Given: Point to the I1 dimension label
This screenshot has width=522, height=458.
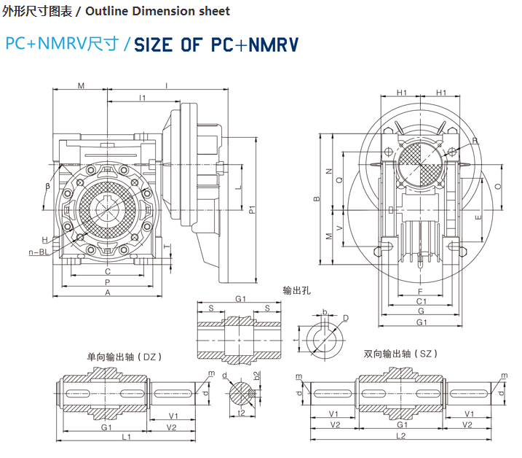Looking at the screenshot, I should click(x=143, y=97).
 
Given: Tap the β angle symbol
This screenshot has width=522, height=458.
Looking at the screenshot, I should click(x=47, y=187).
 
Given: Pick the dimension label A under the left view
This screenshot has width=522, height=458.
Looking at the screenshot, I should click(x=108, y=292).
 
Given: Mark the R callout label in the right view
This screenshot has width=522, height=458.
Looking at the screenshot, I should click(x=474, y=141).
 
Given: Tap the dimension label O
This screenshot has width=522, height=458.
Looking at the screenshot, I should click(x=497, y=187).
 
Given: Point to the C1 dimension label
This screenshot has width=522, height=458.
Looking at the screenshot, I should click(x=421, y=301).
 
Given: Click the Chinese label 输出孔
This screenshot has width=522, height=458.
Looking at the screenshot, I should click(x=297, y=290).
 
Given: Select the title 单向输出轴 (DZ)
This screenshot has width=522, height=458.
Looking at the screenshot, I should click(x=124, y=357).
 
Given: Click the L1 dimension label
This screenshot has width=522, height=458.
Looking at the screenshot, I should click(x=126, y=437).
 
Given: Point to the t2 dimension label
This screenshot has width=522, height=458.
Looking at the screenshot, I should click(x=241, y=412).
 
